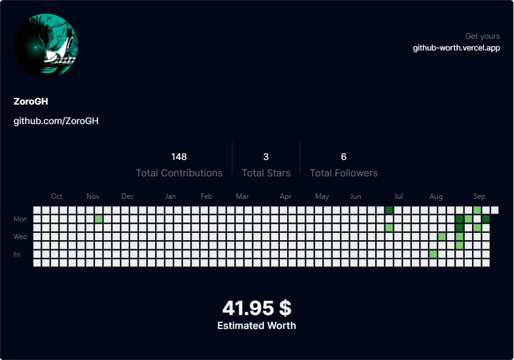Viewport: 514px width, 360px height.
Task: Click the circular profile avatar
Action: click(x=46, y=46)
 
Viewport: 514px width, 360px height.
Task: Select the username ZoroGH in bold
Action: click(x=31, y=102)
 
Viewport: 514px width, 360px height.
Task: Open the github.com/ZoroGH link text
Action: click(x=56, y=121)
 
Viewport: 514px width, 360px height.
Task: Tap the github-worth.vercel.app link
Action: click(x=456, y=48)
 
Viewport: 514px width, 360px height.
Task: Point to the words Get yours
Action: click(x=482, y=36)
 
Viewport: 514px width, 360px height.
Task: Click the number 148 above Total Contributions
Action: click(x=179, y=157)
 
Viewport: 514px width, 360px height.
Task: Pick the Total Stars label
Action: click(x=266, y=173)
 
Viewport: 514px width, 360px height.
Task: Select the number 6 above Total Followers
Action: click(x=344, y=157)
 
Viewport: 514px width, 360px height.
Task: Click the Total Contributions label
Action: click(x=179, y=173)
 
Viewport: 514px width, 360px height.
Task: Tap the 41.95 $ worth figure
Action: click(x=257, y=308)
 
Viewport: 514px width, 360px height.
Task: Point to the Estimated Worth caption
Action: click(x=257, y=325)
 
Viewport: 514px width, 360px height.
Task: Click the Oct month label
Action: click(x=57, y=196)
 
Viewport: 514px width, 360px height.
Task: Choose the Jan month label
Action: click(x=170, y=196)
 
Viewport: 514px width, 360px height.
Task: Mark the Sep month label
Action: click(x=479, y=196)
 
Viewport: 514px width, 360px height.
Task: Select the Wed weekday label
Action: click(x=20, y=237)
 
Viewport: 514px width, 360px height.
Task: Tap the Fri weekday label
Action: click(x=17, y=255)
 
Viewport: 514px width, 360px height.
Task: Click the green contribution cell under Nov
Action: click(x=99, y=219)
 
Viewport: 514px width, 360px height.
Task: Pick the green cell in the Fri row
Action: click(x=433, y=254)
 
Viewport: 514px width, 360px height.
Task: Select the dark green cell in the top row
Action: click(x=389, y=210)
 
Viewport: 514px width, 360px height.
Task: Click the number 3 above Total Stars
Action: click(x=266, y=157)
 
